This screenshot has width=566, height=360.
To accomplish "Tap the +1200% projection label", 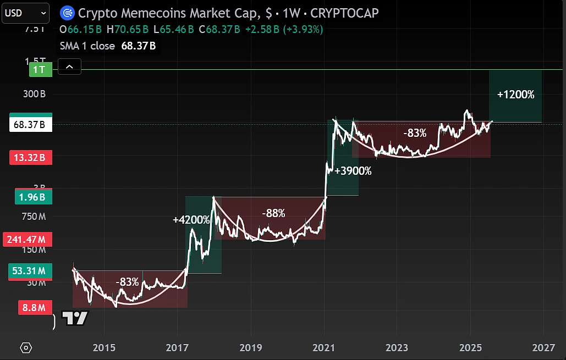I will (515, 95).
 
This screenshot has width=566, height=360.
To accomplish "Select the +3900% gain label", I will (353, 171).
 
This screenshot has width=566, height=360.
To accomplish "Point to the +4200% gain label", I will (191, 220).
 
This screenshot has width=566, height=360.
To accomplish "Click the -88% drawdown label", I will (273, 213).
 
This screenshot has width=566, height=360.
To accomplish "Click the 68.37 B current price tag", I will (31, 125).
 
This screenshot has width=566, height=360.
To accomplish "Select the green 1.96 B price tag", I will (31, 197).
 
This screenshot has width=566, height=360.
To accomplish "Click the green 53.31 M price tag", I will (31, 270).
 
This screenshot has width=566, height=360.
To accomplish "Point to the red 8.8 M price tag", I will (34, 308).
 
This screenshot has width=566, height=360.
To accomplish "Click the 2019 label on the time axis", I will (251, 348).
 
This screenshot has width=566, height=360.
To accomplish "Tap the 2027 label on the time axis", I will (543, 348).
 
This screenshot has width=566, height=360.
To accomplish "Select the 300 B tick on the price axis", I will (34, 94).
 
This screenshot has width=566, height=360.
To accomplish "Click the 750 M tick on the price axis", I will (34, 217).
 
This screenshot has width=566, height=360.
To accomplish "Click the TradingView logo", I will (75, 319).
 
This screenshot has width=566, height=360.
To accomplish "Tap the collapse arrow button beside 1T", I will (69, 68).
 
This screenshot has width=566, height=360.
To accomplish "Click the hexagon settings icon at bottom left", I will (26, 348).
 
